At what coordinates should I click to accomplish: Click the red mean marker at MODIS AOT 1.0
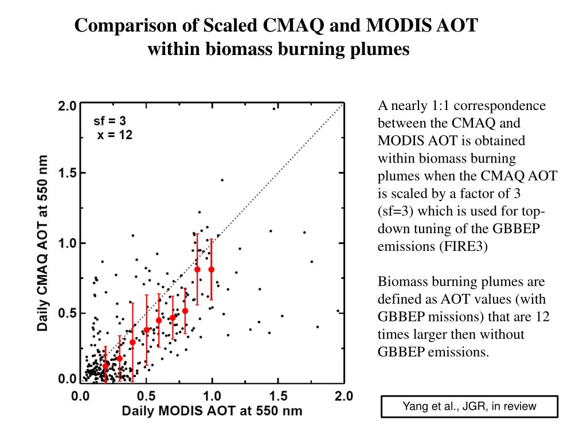pos(212,269)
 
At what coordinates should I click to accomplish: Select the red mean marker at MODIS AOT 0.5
pos(146,329)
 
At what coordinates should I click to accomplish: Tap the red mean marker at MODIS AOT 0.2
pos(106,365)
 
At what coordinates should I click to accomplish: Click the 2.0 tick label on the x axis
pos(343,396)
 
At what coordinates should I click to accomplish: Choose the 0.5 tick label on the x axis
pos(146,396)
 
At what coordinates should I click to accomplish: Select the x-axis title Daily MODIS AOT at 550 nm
pos(212,411)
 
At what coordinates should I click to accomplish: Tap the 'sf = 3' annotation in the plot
pos(109,121)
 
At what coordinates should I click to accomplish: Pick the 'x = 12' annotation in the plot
pos(114,135)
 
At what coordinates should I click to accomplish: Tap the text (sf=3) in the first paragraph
pos(398,212)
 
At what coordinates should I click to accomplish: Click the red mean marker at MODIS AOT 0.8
pos(185,311)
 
